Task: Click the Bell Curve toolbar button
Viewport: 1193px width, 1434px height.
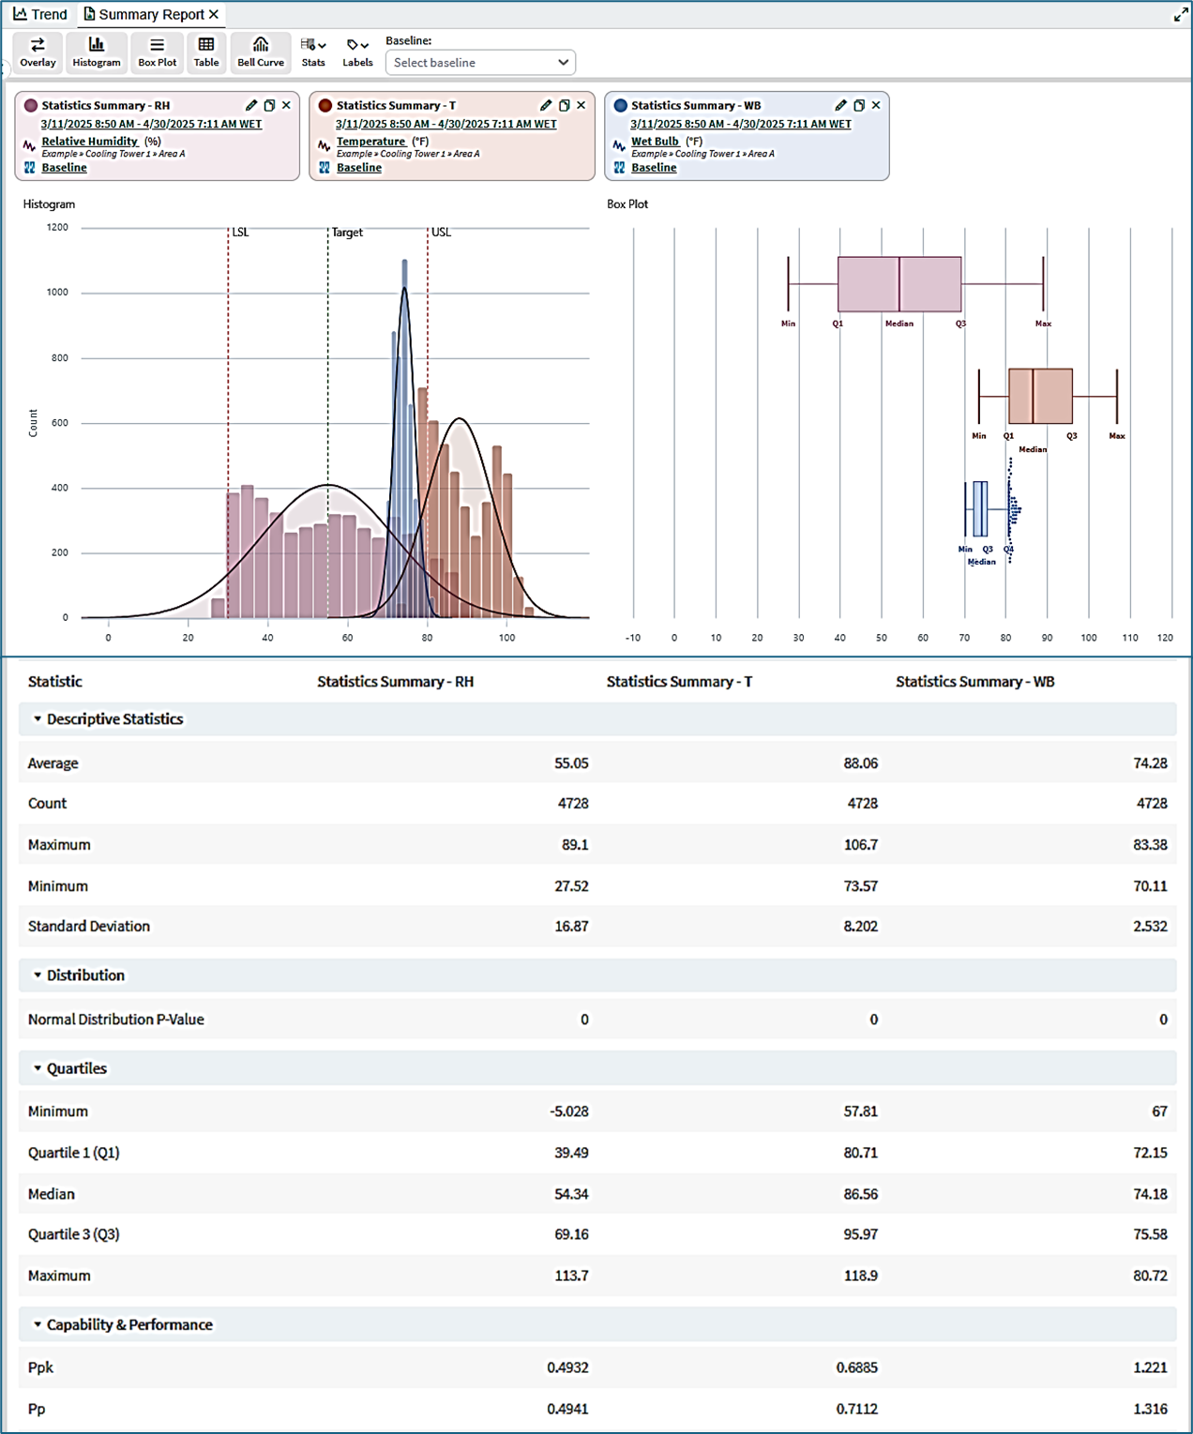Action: (261, 53)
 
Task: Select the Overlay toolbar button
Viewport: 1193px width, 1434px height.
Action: (38, 53)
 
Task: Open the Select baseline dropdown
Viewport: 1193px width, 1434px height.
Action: (480, 63)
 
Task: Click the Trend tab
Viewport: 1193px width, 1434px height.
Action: (40, 14)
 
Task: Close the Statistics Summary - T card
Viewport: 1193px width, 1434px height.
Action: (581, 105)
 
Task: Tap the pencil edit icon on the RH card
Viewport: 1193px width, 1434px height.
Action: (250, 105)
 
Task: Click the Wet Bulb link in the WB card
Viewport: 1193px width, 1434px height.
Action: (655, 142)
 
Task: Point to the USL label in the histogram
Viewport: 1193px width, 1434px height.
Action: (441, 233)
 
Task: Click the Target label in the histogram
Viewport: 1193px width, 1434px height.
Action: (347, 233)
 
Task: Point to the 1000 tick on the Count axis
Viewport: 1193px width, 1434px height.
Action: (57, 293)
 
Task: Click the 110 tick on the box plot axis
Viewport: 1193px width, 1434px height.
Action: (1130, 638)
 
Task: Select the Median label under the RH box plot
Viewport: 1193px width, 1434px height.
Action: (899, 324)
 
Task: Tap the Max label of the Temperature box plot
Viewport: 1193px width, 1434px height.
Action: (1117, 435)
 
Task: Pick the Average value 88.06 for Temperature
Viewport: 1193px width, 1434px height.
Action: (861, 763)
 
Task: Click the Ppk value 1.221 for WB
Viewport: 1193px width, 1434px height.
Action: (1151, 1367)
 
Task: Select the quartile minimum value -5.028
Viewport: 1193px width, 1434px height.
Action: (568, 1111)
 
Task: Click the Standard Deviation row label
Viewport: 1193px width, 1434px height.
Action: (88, 926)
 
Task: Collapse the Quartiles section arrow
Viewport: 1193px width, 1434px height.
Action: (38, 1068)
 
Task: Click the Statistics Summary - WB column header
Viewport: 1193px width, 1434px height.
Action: (974, 681)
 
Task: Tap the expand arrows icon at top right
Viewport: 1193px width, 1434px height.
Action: (1181, 14)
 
